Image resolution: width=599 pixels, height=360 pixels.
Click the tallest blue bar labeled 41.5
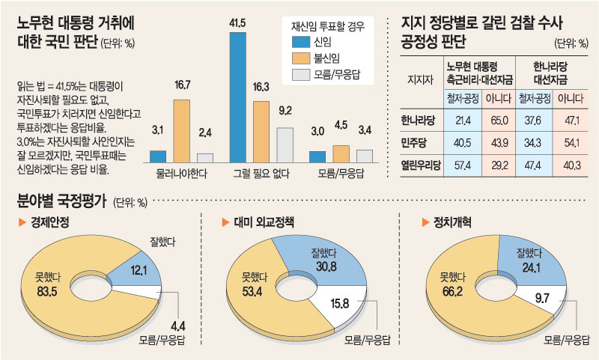pos(237,97)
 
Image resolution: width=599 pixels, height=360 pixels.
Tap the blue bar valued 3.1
pos(158,156)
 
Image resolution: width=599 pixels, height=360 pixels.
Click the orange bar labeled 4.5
pos(341,154)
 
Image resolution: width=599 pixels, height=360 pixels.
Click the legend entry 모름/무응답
pos(338,74)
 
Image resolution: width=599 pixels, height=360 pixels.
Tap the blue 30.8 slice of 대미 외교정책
pos(329,263)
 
